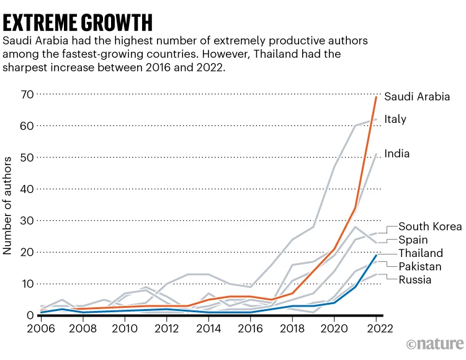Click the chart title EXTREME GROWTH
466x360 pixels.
[78, 22]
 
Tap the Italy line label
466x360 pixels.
[395, 119]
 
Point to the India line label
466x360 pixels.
[397, 153]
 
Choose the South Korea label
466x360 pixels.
[430, 227]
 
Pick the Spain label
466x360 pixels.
[412, 240]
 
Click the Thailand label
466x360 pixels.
[421, 253]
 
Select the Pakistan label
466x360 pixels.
[420, 266]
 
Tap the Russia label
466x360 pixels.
[414, 280]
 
